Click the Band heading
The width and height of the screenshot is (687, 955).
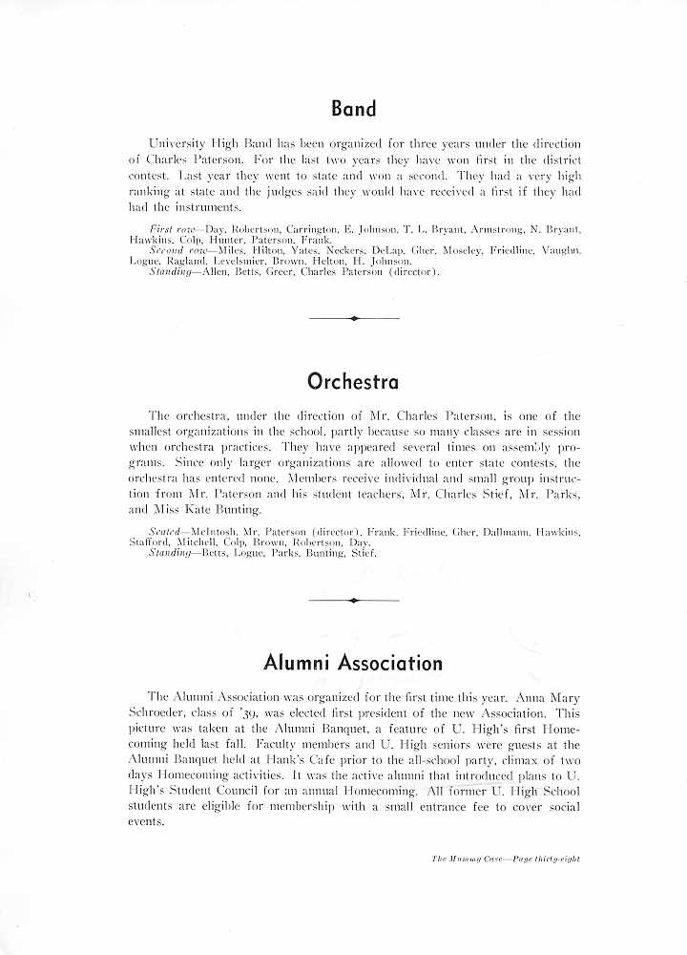[353, 109]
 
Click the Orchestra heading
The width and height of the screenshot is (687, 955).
[353, 382]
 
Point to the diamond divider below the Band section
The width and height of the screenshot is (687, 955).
[354, 318]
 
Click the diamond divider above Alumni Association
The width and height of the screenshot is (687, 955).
[354, 600]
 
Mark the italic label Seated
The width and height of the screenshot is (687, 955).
[168, 530]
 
